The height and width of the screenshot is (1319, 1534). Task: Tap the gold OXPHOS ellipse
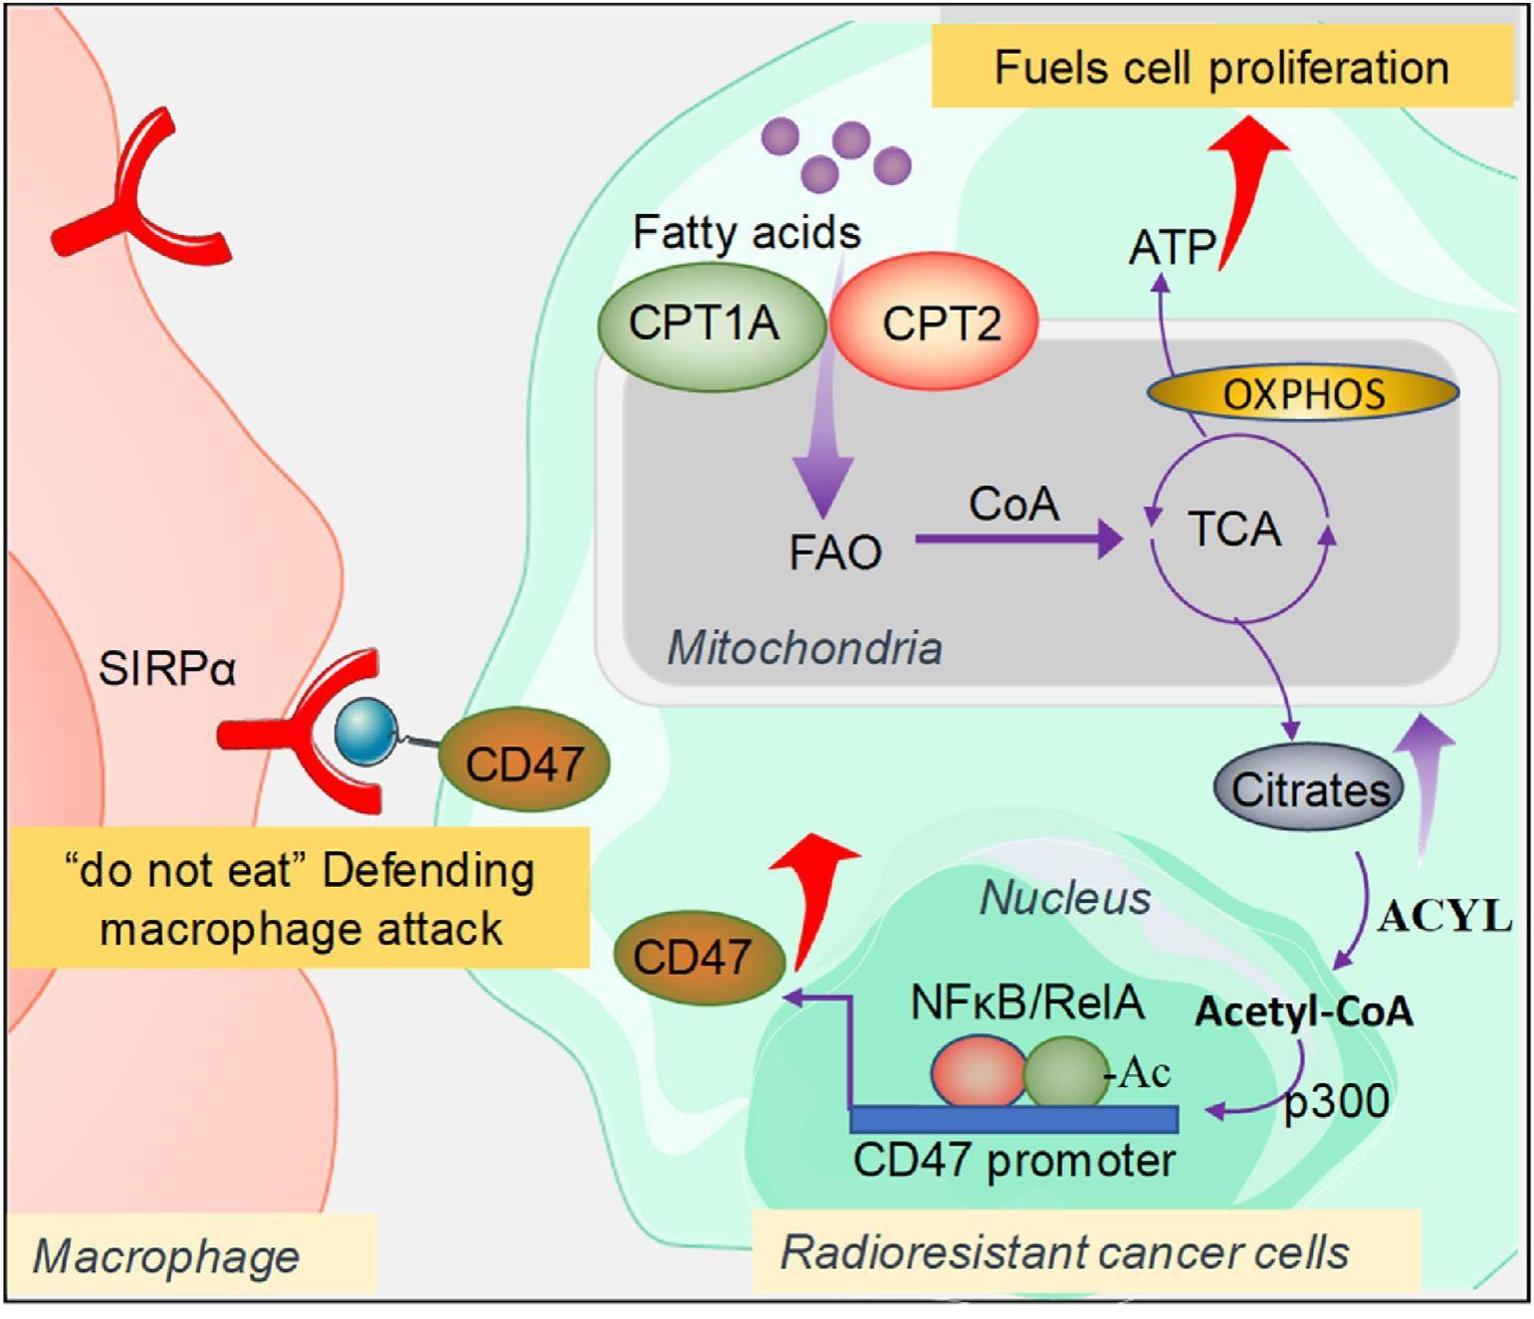click(x=1303, y=394)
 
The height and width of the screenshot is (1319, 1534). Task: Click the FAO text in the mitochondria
click(x=835, y=552)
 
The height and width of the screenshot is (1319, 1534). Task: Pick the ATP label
click(x=1172, y=247)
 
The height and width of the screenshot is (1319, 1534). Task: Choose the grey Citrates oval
click(x=1308, y=789)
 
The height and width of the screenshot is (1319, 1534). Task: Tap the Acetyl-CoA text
click(x=1303, y=1011)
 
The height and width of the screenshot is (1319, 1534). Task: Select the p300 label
click(x=1337, y=1102)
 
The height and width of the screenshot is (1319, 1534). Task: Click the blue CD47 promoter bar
click(x=1014, y=1120)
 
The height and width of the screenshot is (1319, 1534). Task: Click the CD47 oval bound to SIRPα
click(x=524, y=765)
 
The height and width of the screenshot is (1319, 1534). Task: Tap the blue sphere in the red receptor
click(x=365, y=732)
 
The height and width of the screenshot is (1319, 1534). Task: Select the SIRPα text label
click(x=167, y=670)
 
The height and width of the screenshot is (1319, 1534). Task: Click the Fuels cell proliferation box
click(x=1221, y=69)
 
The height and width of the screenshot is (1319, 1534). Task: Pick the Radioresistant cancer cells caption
click(x=1065, y=1251)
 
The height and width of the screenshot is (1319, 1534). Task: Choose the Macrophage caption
click(x=166, y=1256)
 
